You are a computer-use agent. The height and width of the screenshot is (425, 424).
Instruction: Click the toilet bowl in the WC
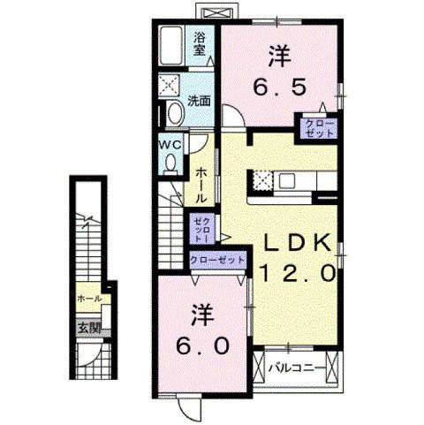170,162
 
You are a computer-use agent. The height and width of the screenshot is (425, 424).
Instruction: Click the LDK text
295,243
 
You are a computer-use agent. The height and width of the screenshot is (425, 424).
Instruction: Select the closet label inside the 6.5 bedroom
318,126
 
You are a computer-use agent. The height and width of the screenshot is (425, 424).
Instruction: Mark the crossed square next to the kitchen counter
262,179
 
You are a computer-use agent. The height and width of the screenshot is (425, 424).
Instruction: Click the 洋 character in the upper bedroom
277,53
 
